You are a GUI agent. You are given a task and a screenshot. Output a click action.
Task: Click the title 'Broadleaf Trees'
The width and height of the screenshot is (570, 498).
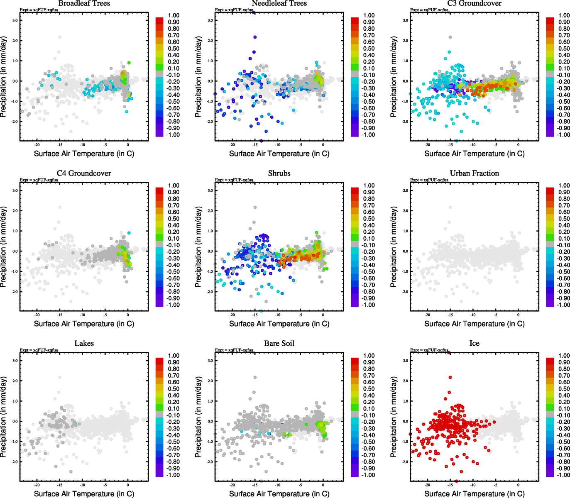(x=84, y=4)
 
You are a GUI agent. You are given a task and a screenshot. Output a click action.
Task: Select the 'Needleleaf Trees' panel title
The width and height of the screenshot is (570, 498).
(x=279, y=4)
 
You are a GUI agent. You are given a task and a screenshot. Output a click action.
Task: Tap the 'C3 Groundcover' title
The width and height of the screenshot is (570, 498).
(x=474, y=4)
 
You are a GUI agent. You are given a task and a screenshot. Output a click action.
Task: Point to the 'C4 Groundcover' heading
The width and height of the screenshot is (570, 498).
(x=84, y=173)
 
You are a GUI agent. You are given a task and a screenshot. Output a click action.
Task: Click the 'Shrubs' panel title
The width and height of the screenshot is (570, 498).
(x=279, y=173)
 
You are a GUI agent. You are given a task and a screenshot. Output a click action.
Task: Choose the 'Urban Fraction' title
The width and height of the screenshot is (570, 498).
(x=474, y=173)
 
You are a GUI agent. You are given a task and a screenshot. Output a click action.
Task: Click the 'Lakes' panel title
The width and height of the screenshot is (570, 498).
(x=84, y=344)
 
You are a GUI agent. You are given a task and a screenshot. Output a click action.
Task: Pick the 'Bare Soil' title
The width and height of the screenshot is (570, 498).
(x=279, y=344)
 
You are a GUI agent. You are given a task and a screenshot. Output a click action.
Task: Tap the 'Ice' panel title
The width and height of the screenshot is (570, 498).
(x=474, y=344)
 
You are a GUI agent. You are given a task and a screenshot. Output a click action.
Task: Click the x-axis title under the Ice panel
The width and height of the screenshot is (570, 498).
(x=474, y=494)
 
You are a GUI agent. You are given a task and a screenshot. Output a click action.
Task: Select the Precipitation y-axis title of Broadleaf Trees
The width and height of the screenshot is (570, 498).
(x=4, y=77)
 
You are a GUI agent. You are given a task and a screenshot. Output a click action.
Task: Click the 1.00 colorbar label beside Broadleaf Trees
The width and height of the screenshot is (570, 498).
(x=174, y=15)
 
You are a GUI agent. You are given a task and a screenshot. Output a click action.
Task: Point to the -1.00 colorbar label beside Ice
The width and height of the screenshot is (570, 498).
(x=563, y=475)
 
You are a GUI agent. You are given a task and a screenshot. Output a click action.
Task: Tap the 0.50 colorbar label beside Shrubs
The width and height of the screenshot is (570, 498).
(x=369, y=219)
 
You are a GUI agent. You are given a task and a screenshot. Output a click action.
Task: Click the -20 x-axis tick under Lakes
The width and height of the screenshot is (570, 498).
(x=37, y=485)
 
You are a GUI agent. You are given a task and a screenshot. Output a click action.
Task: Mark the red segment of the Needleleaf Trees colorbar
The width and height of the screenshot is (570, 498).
(x=355, y=20)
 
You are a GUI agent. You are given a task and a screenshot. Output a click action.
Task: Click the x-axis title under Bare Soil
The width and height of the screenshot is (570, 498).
(x=279, y=494)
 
